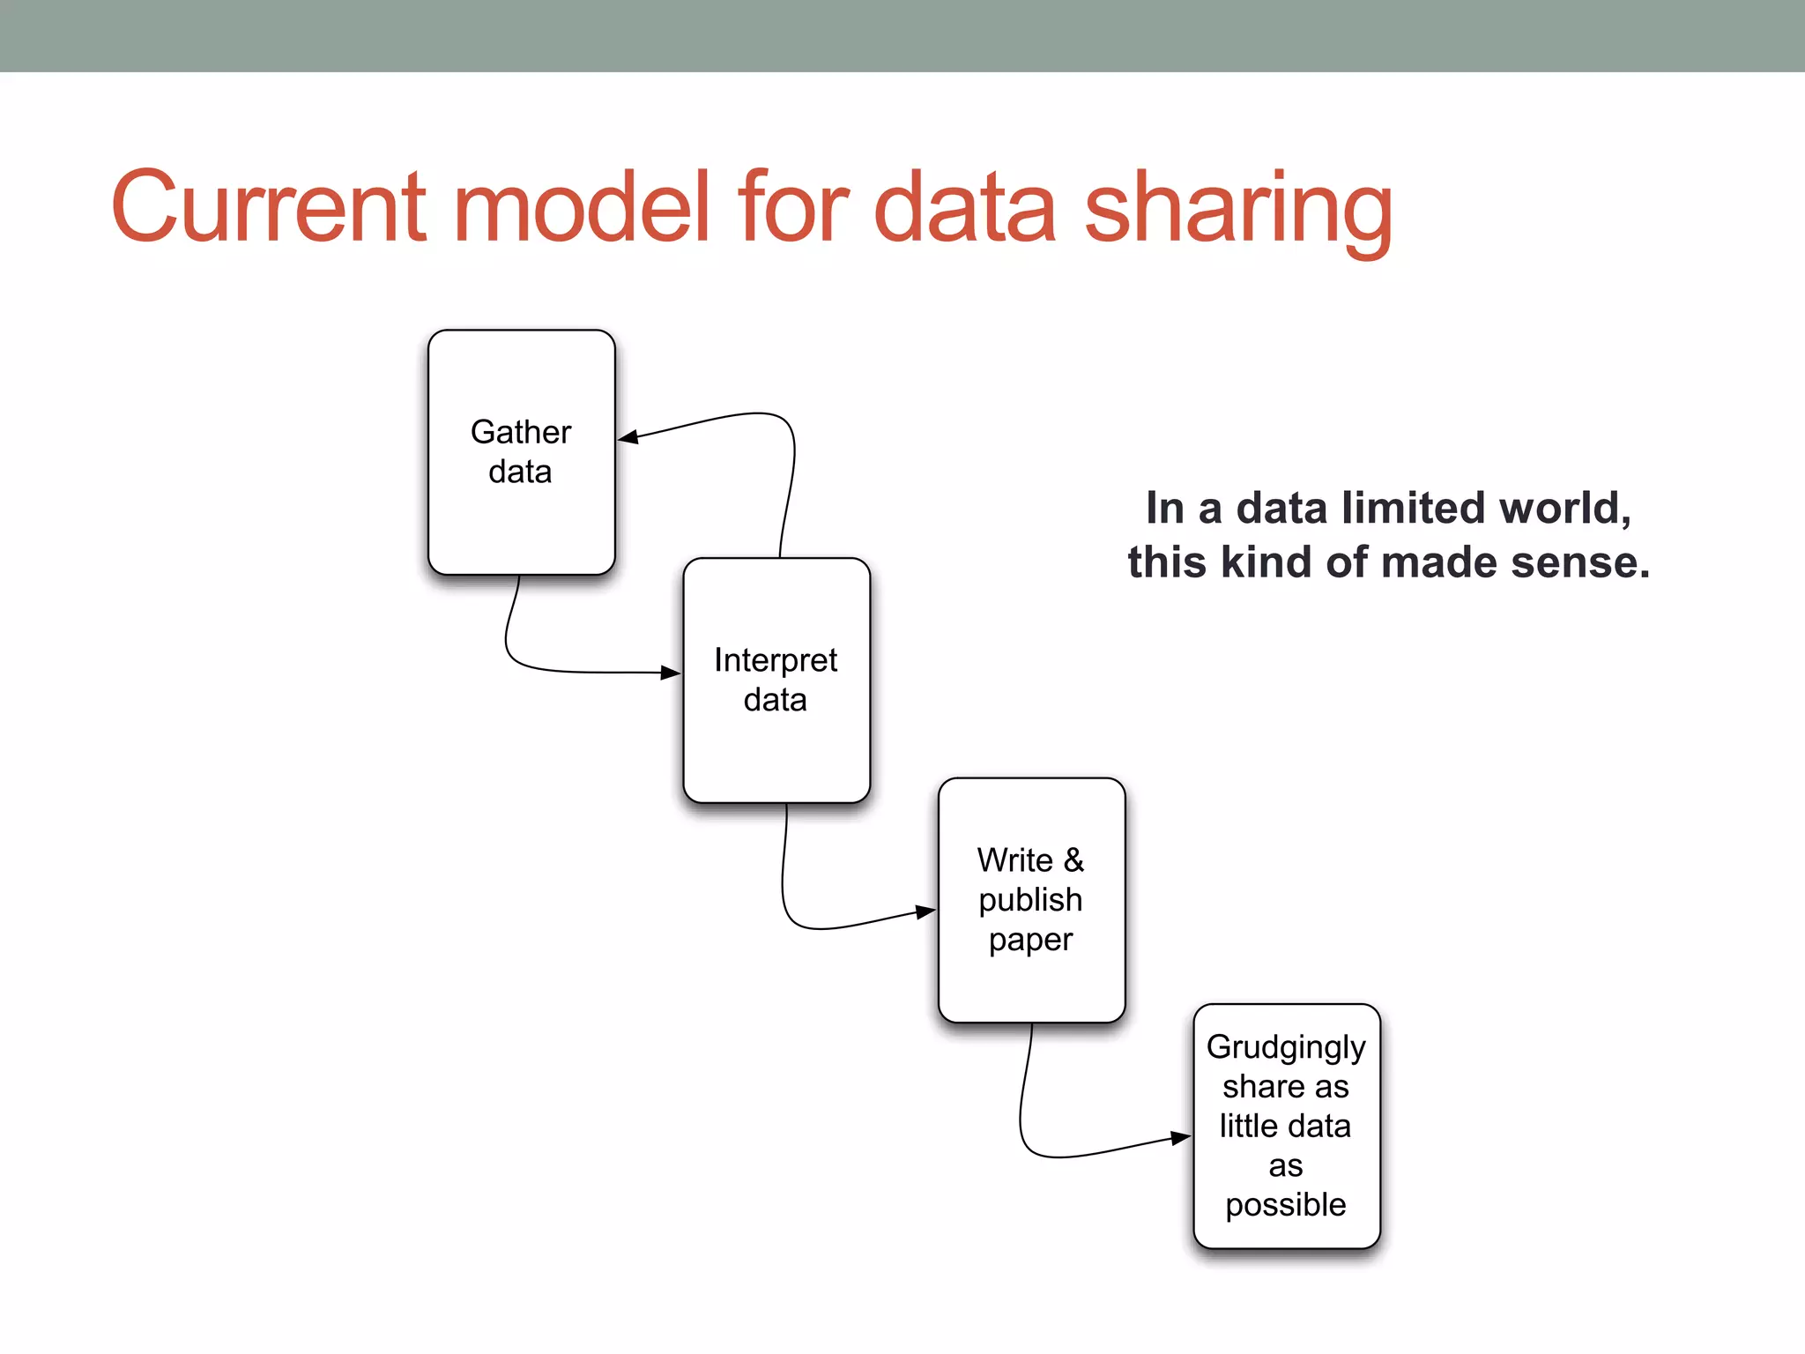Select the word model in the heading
582,208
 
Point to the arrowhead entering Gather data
628,437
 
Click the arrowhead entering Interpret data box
671,673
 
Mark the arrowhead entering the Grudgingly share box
1181,1138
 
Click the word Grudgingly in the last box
1286,1047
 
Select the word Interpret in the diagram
776,660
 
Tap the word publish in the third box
1030,900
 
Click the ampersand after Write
1073,859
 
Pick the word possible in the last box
1286,1205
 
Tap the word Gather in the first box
521,432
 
